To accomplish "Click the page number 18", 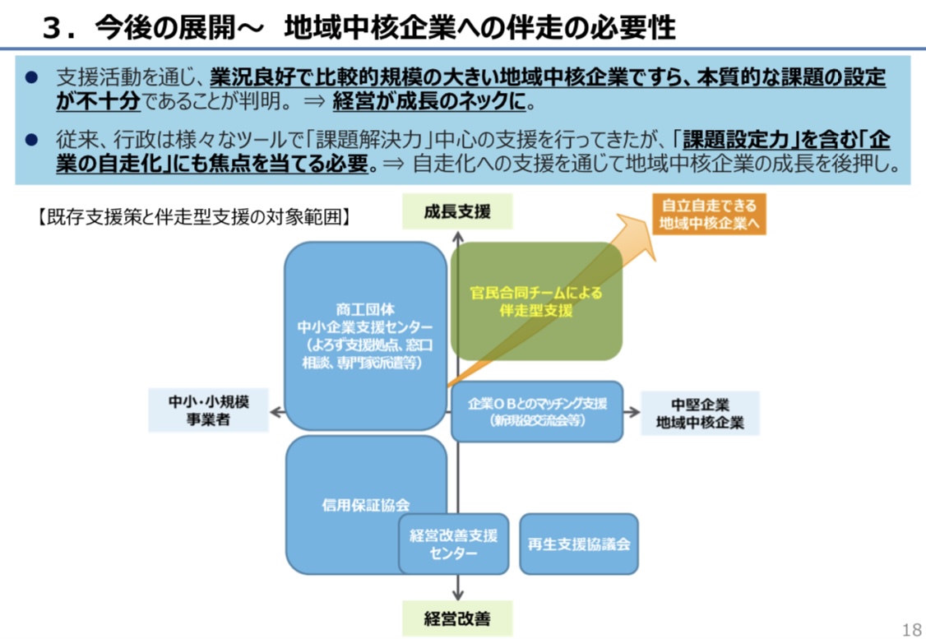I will [911, 629].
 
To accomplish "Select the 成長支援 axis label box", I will [457, 211].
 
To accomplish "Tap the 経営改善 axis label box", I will [457, 618].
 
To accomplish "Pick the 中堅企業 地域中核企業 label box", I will [700, 414].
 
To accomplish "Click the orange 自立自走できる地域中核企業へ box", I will [709, 214].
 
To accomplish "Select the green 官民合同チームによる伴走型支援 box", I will [536, 301].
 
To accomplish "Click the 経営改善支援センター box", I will [454, 544].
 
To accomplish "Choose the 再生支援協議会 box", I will [579, 544].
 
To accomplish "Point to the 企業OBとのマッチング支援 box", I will [537, 411].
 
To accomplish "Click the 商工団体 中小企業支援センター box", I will [365, 336].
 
